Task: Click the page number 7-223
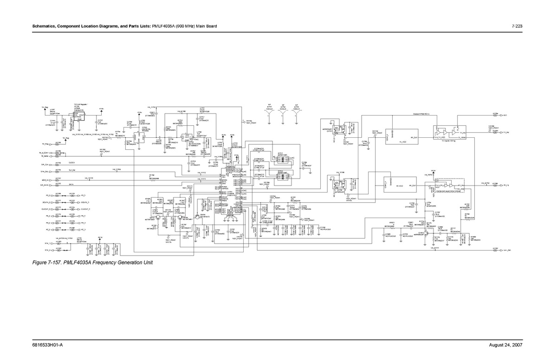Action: tap(518, 26)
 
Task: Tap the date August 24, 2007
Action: tap(508, 346)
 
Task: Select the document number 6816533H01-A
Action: tap(48, 346)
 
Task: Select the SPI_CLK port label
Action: tap(45, 164)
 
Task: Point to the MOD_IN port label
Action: tap(45, 179)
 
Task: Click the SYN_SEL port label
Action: tap(45, 172)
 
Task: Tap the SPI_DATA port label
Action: tap(45, 185)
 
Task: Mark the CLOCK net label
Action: tap(72, 163)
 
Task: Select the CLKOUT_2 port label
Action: tap(45, 209)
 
